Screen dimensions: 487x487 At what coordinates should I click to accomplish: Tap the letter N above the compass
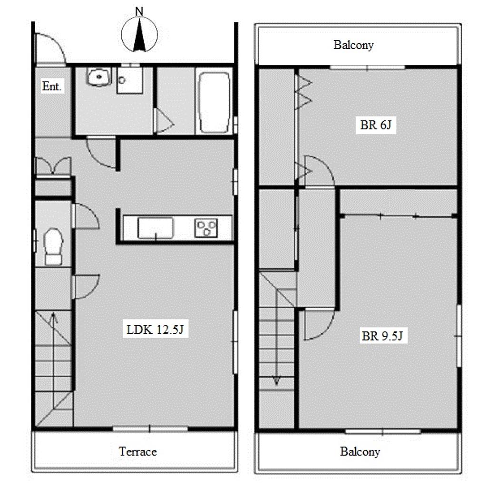pyautogui.click(x=139, y=11)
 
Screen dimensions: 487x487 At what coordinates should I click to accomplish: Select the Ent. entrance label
pyautogui.click(x=51, y=86)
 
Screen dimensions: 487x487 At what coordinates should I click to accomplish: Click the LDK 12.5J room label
pyautogui.click(x=155, y=329)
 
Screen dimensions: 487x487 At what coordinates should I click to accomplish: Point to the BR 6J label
pyautogui.click(x=376, y=125)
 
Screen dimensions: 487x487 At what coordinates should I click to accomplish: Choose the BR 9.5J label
pyautogui.click(x=382, y=336)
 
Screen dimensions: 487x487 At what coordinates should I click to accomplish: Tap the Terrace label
pyautogui.click(x=137, y=451)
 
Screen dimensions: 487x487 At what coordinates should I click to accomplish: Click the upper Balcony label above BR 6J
pyautogui.click(x=353, y=45)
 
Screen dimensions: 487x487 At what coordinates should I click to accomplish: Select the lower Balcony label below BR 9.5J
pyautogui.click(x=360, y=452)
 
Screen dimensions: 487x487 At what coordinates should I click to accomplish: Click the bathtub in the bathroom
pyautogui.click(x=214, y=103)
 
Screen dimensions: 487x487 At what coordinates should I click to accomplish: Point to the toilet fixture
pyautogui.click(x=53, y=246)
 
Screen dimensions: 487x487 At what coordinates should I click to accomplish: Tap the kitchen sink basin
pyautogui.click(x=156, y=228)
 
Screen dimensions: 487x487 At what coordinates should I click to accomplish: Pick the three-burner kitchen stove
pyautogui.click(x=206, y=228)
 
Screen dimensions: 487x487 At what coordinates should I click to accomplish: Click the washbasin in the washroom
pyautogui.click(x=99, y=77)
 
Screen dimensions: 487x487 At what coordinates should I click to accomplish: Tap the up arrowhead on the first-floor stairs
pyautogui.click(x=54, y=316)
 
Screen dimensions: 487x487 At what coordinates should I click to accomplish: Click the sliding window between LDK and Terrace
pyautogui.click(x=150, y=429)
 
